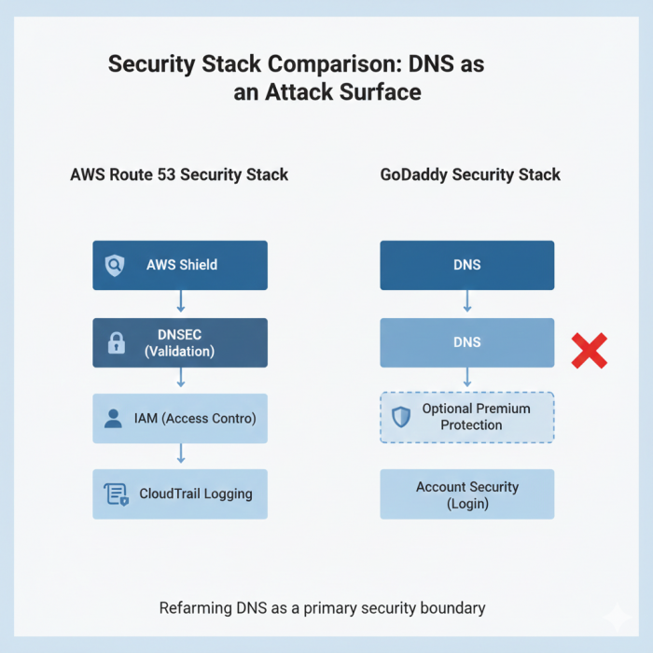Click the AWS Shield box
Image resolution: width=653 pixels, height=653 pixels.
pyautogui.click(x=180, y=265)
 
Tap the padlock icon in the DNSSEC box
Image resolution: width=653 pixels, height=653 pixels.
pyautogui.click(x=116, y=342)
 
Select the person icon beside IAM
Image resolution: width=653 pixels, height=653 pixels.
pyautogui.click(x=114, y=419)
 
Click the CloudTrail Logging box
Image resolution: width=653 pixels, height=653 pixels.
pyautogui.click(x=180, y=493)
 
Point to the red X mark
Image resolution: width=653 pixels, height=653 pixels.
pyautogui.click(x=589, y=350)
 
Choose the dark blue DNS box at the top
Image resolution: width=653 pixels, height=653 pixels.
pyautogui.click(x=466, y=265)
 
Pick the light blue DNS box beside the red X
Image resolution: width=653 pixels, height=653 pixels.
pyautogui.click(x=466, y=342)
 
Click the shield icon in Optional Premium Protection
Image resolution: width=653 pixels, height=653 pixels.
pyautogui.click(x=401, y=417)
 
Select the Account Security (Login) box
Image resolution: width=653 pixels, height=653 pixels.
pyautogui.click(x=466, y=494)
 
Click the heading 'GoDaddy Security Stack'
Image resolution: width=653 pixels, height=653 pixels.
pyautogui.click(x=470, y=174)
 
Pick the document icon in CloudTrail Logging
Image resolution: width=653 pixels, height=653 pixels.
pyautogui.click(x=116, y=494)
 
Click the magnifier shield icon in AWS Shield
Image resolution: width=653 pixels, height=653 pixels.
pyautogui.click(x=115, y=265)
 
